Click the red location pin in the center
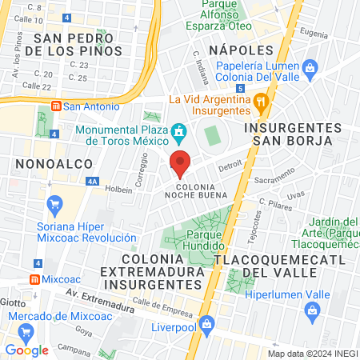pyautogui.click(x=181, y=162)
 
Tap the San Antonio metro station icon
pyautogui.click(x=56, y=106)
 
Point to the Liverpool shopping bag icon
pyautogui.click(x=207, y=324)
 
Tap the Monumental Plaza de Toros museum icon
pyautogui.click(x=179, y=130)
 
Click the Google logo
pyautogui.click(x=26, y=350)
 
